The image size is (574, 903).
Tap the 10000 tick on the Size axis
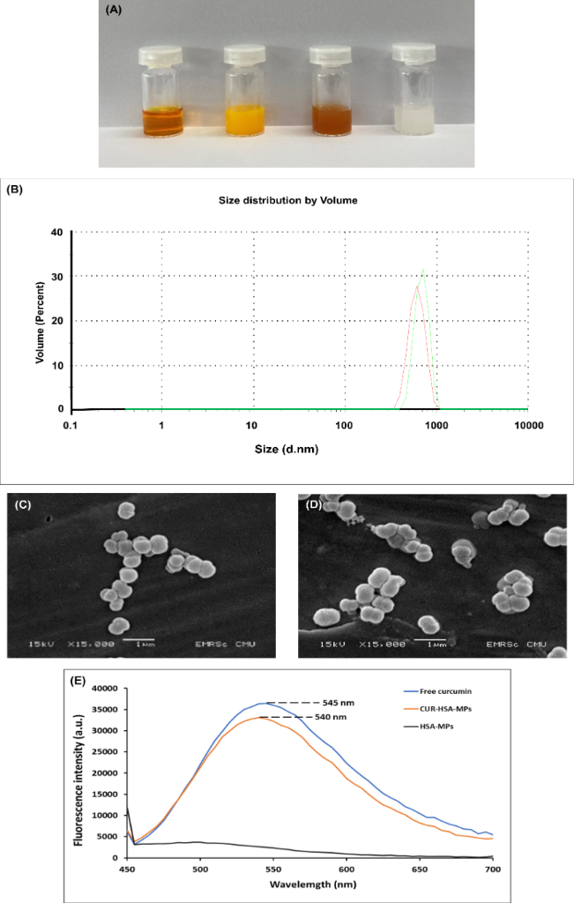527,424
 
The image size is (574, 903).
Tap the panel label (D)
313,504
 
